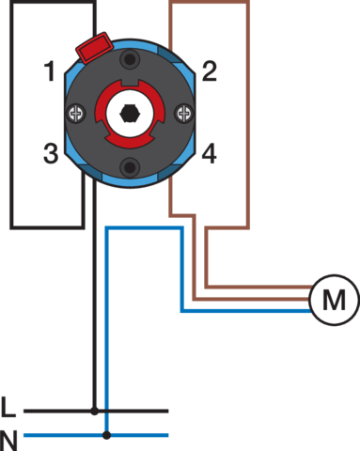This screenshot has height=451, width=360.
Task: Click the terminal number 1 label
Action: pyautogui.click(x=50, y=71)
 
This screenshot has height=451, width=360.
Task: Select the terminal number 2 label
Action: pyautogui.click(x=210, y=71)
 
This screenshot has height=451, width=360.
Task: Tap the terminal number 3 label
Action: pyautogui.click(x=51, y=153)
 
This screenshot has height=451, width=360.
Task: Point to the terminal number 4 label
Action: pyautogui.click(x=209, y=153)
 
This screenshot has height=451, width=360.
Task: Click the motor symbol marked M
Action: pyautogui.click(x=334, y=300)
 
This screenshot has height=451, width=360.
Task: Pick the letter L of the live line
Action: pyautogui.click(x=8, y=407)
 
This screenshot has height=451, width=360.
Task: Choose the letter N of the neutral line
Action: pyautogui.click(x=8, y=441)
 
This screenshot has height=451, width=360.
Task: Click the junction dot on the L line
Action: pyautogui.click(x=94, y=411)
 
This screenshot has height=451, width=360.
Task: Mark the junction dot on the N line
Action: pyautogui.click(x=107, y=435)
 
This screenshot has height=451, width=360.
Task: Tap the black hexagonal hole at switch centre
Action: pyautogui.click(x=130, y=114)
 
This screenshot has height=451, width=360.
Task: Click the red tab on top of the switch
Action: pyautogui.click(x=94, y=47)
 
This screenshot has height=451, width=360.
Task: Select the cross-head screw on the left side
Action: pyautogui.click(x=76, y=113)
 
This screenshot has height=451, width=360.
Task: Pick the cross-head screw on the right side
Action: pyautogui.click(x=183, y=113)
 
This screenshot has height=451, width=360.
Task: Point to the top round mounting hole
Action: pyautogui.click(x=130, y=59)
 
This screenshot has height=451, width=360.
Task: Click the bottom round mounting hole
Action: pyautogui.click(x=130, y=167)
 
